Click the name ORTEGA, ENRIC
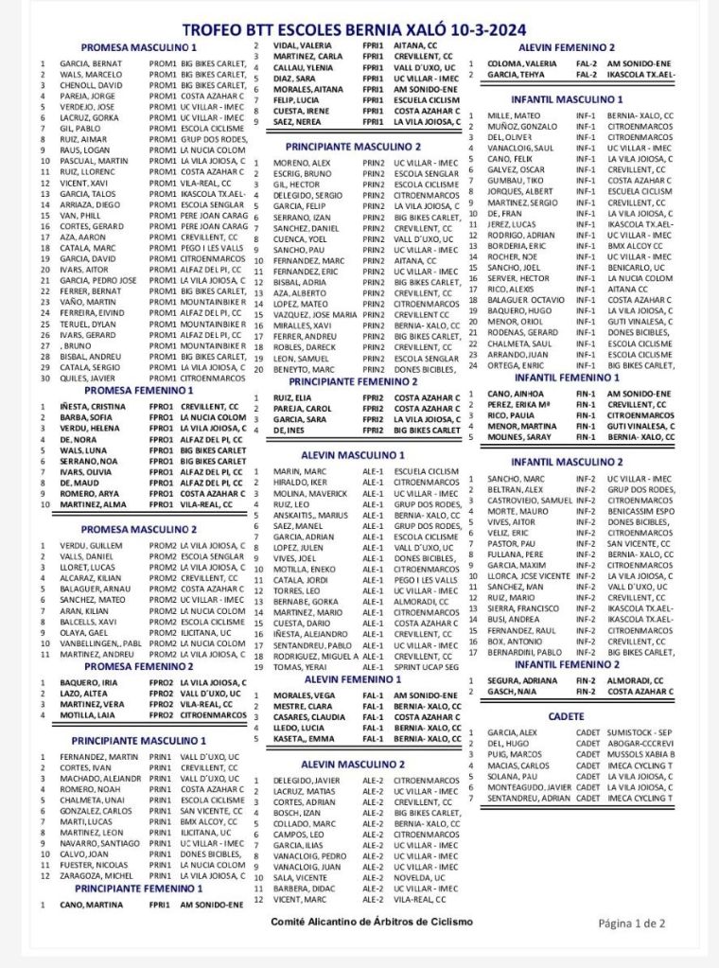[516, 365]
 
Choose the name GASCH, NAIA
[512, 692]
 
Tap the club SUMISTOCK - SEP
[640, 731]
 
